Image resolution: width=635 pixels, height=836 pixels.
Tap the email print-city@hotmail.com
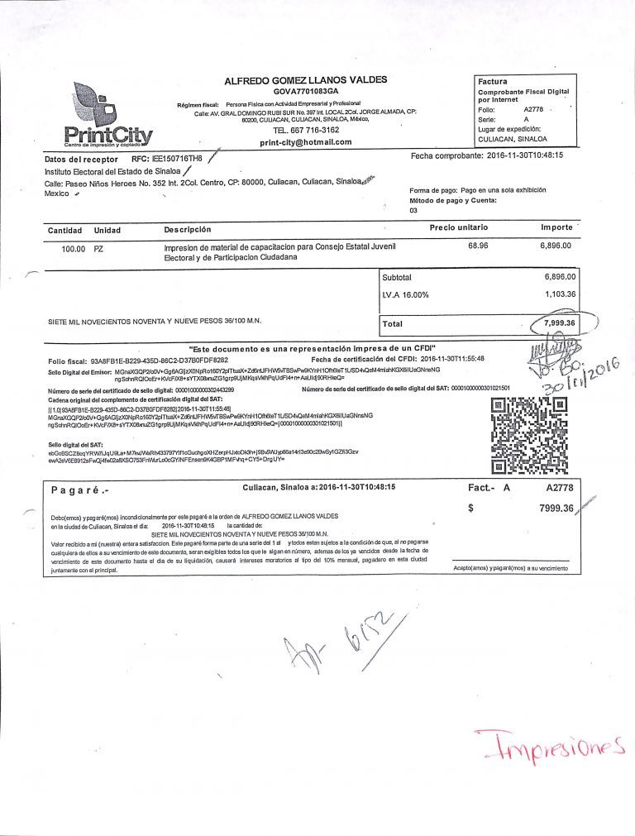pyautogui.click(x=305, y=141)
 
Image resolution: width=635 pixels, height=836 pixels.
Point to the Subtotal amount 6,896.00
pyautogui.click(x=560, y=277)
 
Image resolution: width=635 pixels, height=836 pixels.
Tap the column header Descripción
pyautogui.click(x=188, y=229)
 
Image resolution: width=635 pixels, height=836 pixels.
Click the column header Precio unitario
pyautogui.click(x=459, y=227)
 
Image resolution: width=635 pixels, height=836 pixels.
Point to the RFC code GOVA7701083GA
pyautogui.click(x=305, y=91)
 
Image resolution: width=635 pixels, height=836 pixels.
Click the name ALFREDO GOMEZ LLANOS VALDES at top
pyautogui.click(x=305, y=80)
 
